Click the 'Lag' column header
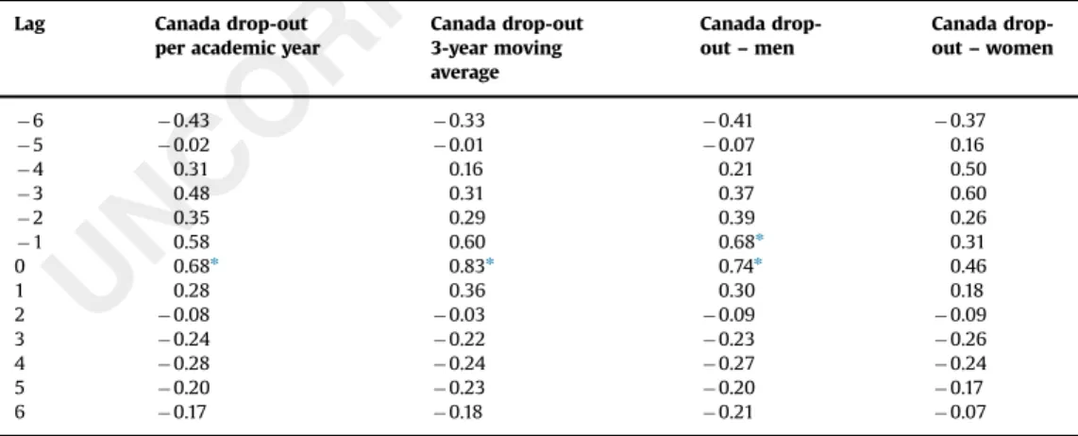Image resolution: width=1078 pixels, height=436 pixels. [29, 25]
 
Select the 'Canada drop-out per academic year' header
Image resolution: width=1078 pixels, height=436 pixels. [237, 36]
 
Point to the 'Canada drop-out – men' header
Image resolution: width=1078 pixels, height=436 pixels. [761, 36]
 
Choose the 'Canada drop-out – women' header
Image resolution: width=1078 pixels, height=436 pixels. [992, 36]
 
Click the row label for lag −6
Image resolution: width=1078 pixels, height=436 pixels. [29, 121]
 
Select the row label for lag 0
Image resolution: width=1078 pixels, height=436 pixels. [19, 266]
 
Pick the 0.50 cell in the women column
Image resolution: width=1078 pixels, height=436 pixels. [968, 169]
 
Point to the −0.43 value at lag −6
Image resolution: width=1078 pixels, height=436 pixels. [183, 121]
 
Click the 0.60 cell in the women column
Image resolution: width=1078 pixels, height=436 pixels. [968, 193]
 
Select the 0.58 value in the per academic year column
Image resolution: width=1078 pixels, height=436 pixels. [192, 243]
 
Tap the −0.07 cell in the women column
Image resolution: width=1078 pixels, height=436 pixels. [960, 411]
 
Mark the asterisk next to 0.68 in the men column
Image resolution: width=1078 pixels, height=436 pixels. [760, 239]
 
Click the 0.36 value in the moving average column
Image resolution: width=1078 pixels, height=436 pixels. [467, 291]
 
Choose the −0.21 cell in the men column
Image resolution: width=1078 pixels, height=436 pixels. [728, 411]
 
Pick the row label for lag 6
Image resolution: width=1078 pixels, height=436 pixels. [19, 411]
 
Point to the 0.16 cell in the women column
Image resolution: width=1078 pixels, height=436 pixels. [968, 145]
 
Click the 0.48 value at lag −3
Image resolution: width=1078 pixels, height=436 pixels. [192, 193]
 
